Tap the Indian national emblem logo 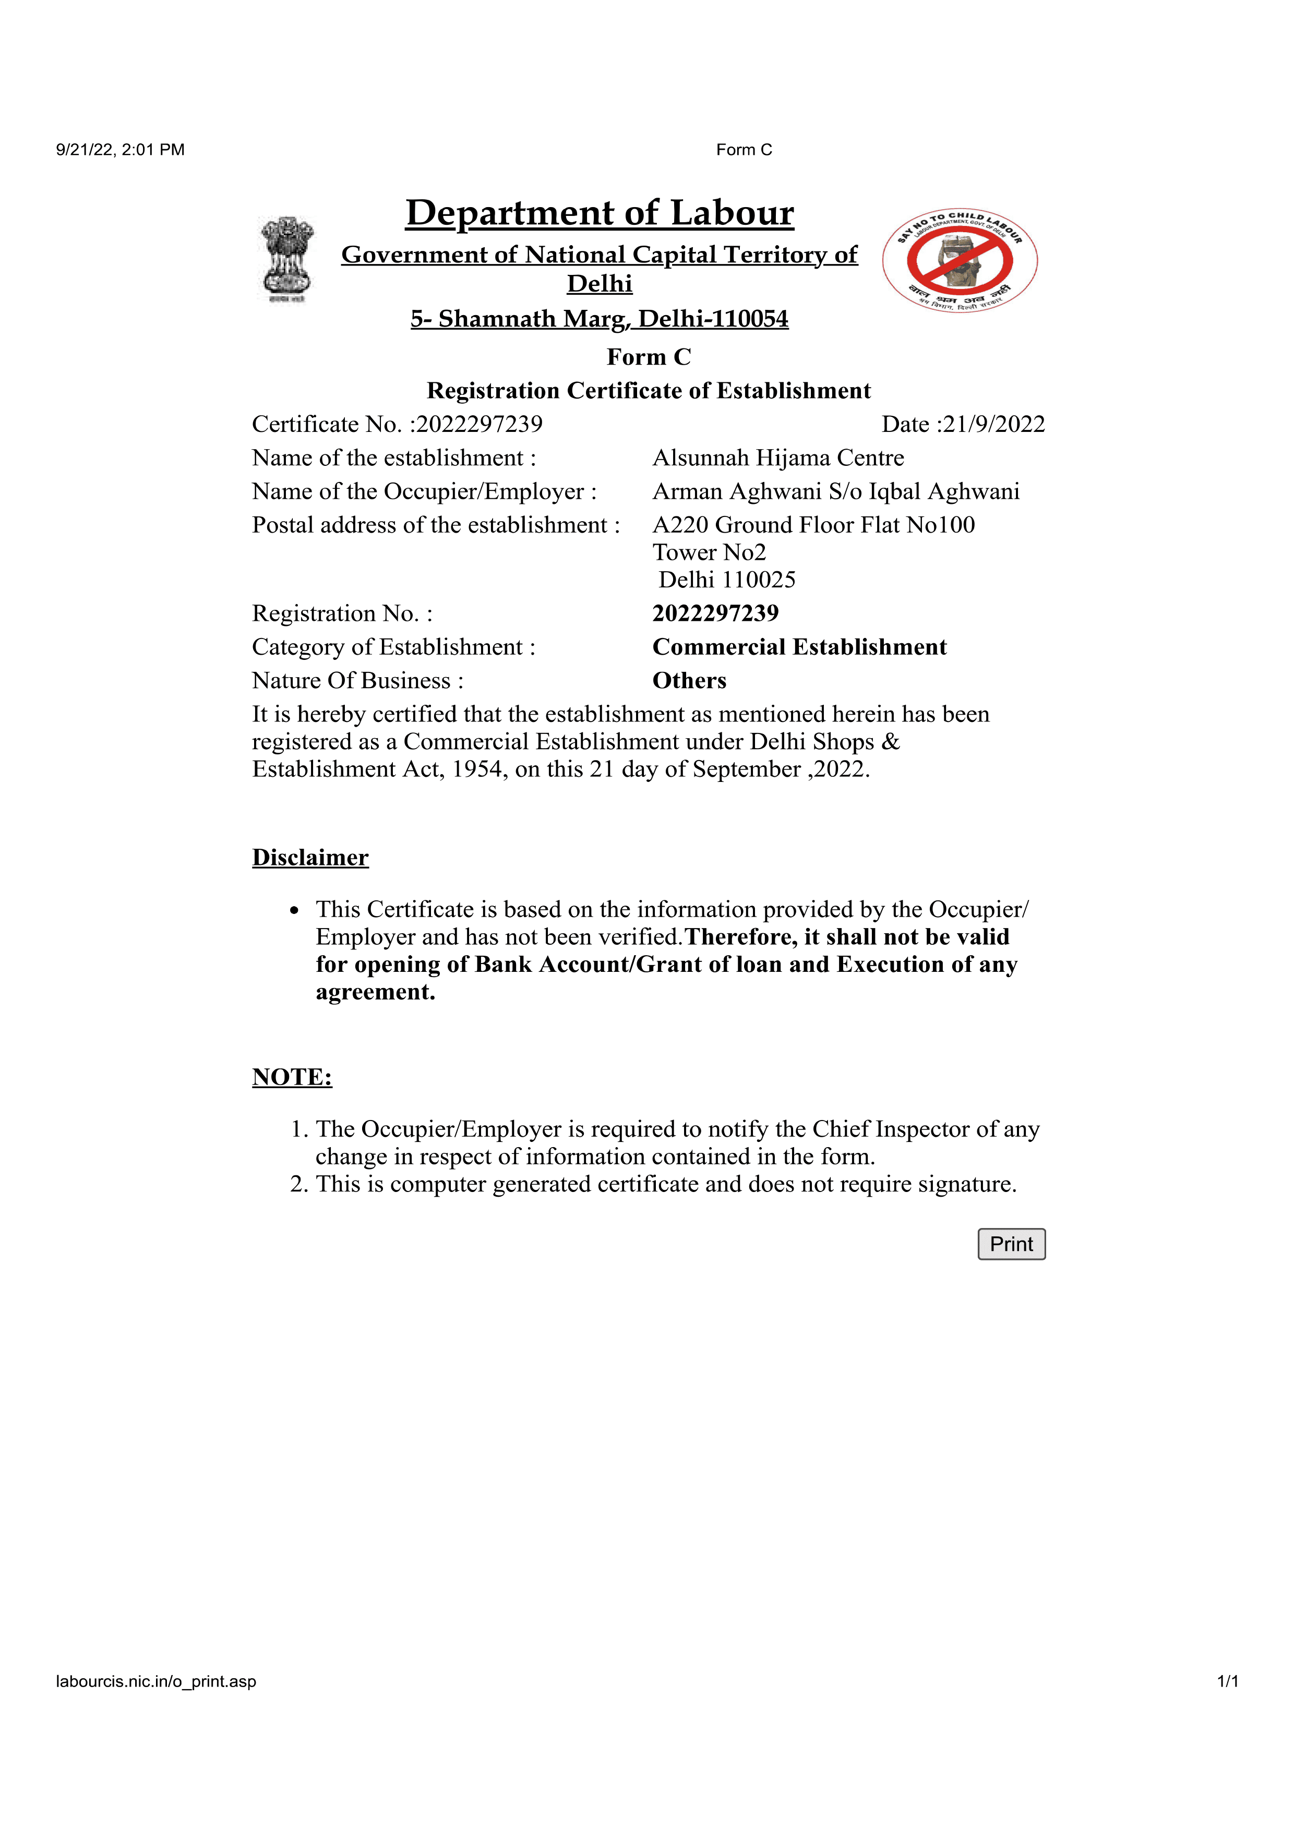pyautogui.click(x=287, y=258)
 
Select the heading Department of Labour pyautogui.click(x=600, y=213)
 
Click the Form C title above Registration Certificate pyautogui.click(x=648, y=356)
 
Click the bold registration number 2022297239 pyautogui.click(x=715, y=613)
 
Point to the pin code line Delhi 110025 pyautogui.click(x=726, y=580)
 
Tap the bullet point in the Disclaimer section pyautogui.click(x=294, y=910)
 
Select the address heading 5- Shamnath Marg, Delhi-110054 pyautogui.click(x=599, y=319)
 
